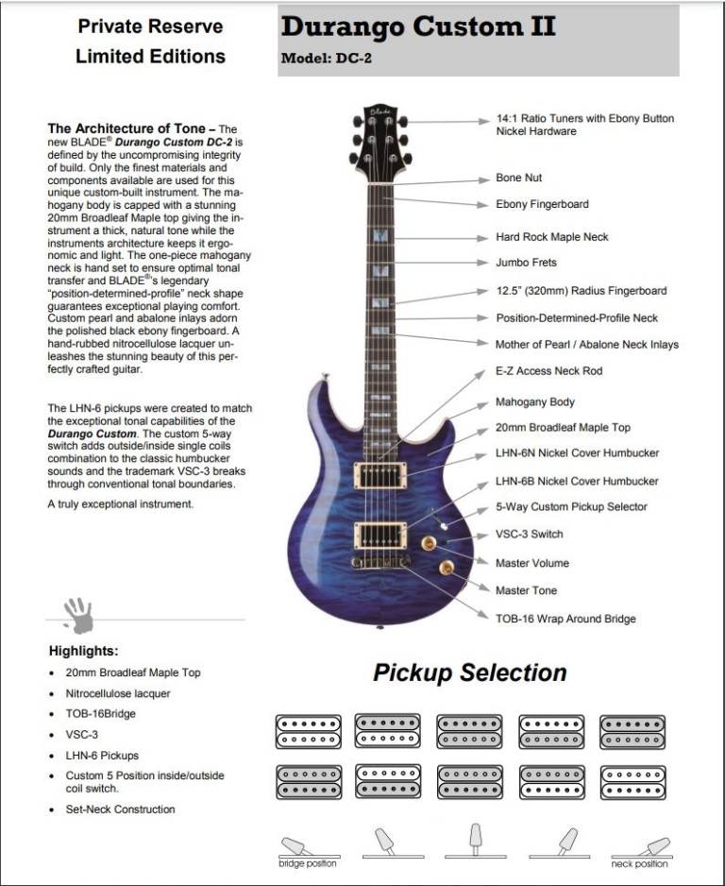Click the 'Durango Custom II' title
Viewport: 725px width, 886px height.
coord(418,27)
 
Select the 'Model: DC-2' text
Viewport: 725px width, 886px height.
coord(324,59)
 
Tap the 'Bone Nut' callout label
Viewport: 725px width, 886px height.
coord(519,178)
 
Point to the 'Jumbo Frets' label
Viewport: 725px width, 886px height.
coord(526,263)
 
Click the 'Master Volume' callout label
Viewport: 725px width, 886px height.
coord(532,563)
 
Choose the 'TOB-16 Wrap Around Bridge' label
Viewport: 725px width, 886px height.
coord(565,619)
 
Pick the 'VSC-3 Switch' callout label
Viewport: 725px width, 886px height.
coord(530,534)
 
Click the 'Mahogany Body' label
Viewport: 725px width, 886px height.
coord(535,402)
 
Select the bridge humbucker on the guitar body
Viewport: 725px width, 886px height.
coord(380,535)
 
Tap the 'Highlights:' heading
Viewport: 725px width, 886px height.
coord(83,651)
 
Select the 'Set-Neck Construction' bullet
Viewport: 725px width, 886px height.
coord(120,809)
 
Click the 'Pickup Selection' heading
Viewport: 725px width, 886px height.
coord(469,673)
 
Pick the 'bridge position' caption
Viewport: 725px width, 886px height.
coord(307,863)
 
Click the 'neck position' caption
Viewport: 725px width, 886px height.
coord(638,863)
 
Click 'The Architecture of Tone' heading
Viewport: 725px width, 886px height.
coord(131,128)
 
